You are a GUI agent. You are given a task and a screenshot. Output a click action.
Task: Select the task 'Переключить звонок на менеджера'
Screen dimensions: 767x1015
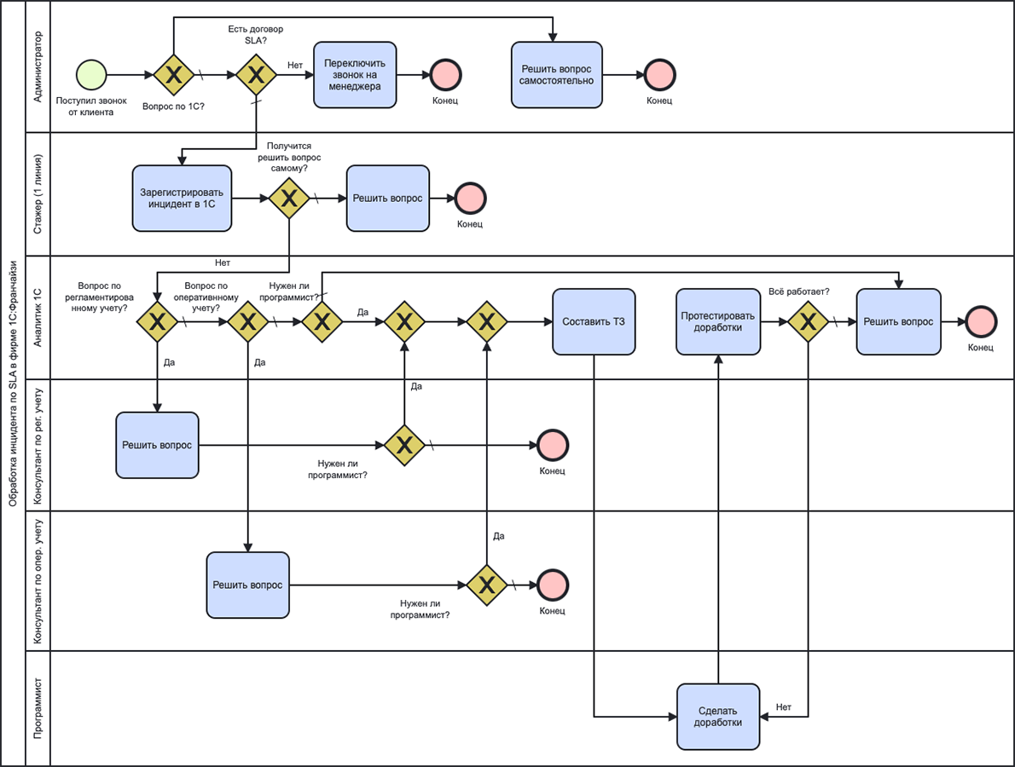[356, 75]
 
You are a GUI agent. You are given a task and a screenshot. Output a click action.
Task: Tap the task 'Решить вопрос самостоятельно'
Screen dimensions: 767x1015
[553, 75]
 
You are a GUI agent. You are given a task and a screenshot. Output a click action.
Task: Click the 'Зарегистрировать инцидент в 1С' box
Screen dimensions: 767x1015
[183, 199]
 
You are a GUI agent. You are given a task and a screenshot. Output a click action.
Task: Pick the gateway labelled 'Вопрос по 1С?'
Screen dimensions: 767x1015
[174, 75]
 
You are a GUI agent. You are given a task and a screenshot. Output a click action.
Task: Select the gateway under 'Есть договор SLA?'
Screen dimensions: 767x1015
[256, 75]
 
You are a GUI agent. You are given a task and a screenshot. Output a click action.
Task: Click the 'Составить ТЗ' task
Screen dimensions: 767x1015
[594, 322]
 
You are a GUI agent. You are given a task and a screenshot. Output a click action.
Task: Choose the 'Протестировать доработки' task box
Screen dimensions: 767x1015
[718, 322]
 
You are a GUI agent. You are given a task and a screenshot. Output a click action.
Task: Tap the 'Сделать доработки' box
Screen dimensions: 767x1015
[718, 717]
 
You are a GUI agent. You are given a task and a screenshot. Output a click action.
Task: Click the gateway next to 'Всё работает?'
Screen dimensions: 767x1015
[806, 322]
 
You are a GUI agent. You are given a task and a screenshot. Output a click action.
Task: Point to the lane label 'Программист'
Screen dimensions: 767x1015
[38, 708]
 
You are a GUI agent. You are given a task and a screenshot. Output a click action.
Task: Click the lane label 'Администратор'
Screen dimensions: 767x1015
[38, 67]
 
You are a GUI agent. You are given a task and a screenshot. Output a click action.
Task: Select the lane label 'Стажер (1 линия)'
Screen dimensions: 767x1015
[38, 193]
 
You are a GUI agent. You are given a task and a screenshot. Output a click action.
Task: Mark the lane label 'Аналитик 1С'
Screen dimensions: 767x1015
[38, 317]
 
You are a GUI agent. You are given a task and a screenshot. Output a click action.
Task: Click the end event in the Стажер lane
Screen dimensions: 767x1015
[469, 199]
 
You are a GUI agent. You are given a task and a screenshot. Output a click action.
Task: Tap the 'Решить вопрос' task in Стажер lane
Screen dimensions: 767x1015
[388, 199]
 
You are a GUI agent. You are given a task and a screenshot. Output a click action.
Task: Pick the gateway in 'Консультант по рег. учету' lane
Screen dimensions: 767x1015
[404, 445]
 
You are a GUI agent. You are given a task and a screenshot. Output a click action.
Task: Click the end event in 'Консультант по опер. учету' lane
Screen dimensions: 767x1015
[552, 585]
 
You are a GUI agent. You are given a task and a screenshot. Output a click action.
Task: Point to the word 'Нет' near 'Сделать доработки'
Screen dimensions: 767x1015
[784, 707]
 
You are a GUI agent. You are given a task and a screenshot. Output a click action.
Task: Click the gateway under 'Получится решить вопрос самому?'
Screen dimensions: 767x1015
[289, 199]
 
